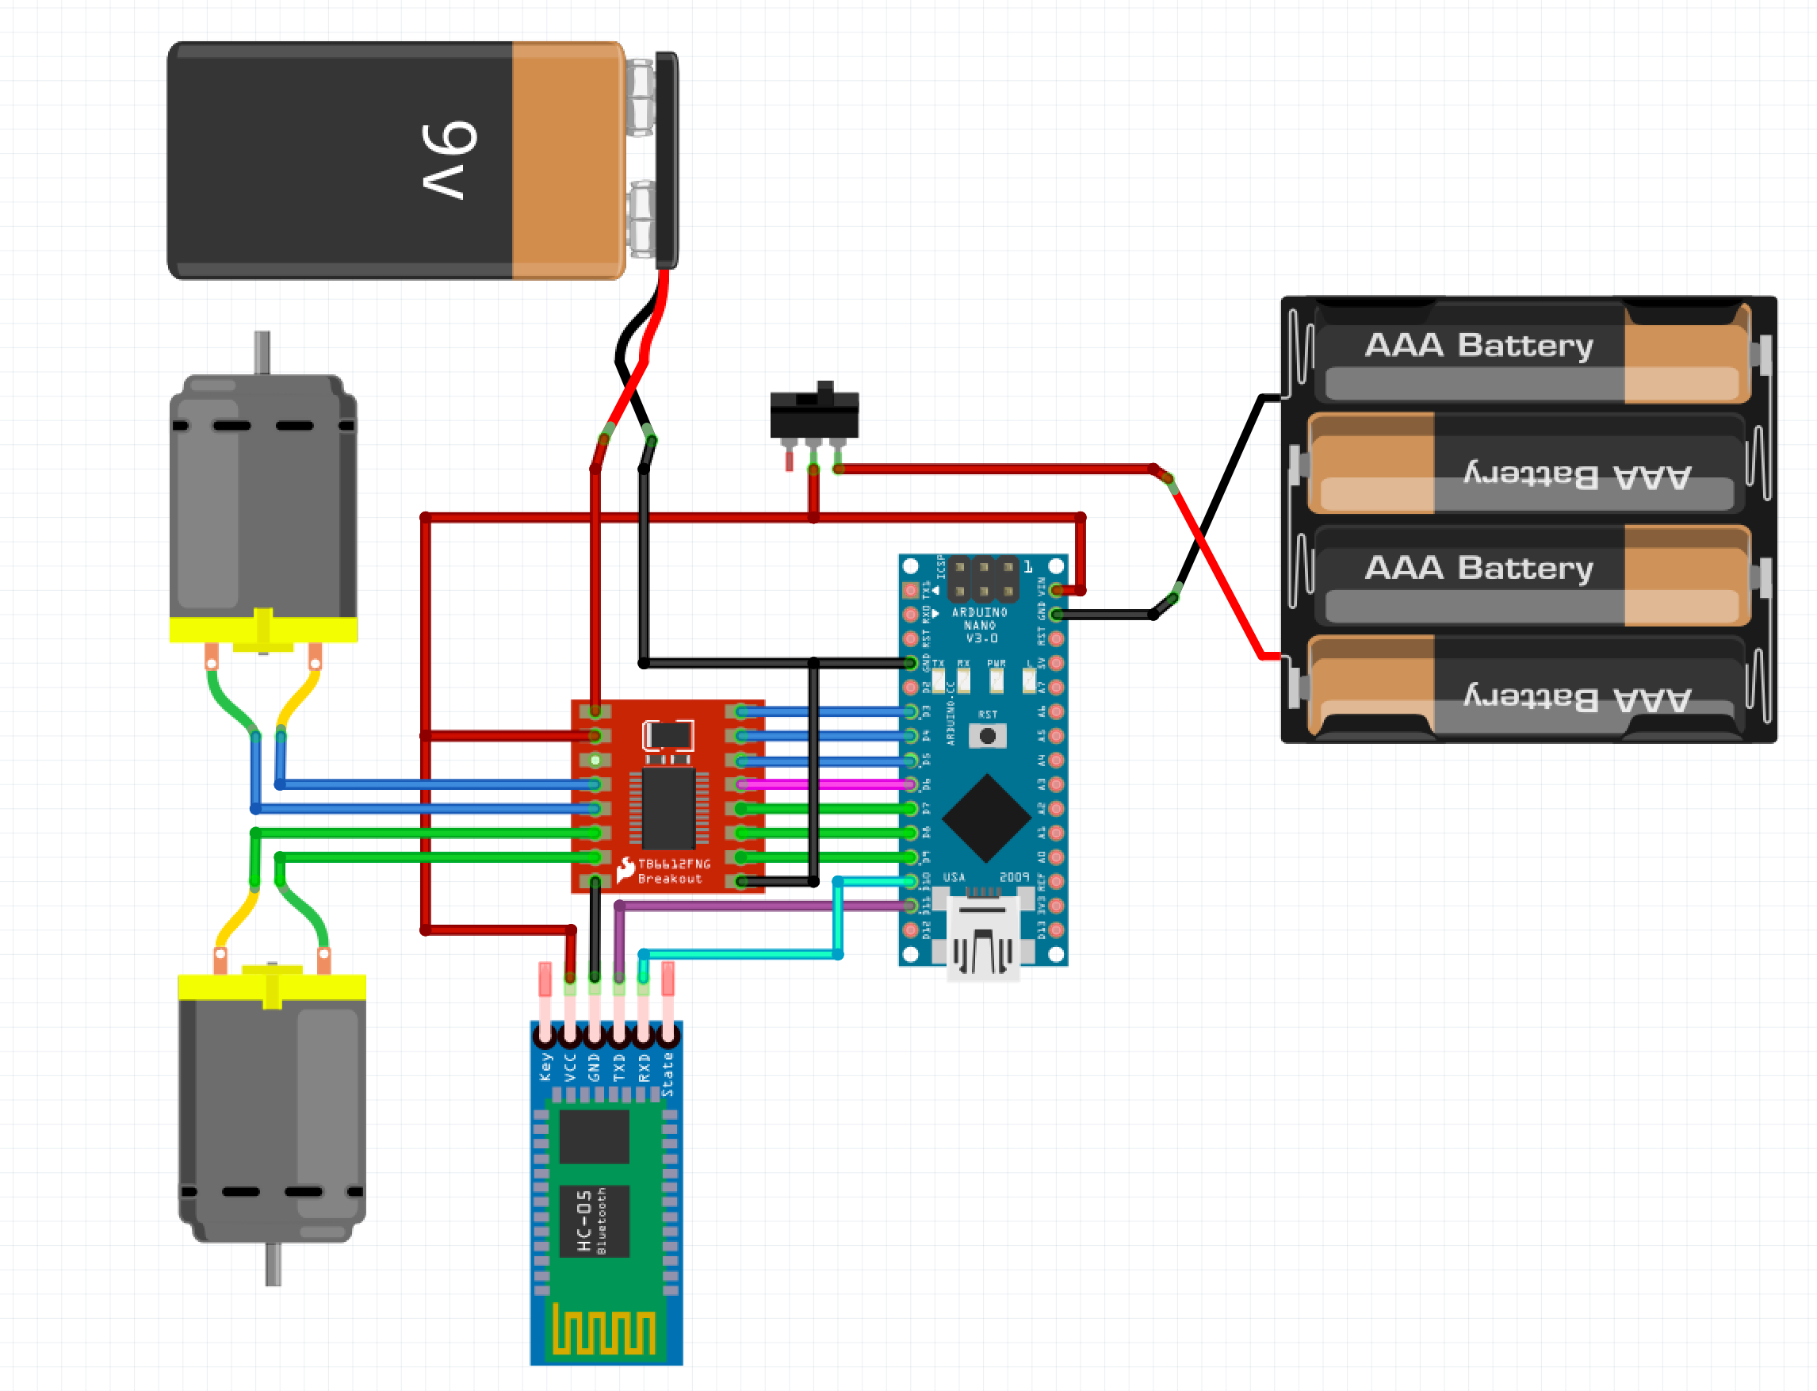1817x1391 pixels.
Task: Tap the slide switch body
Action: point(813,414)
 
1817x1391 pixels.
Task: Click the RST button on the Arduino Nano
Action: point(987,735)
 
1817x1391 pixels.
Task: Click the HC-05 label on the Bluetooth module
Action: point(584,1220)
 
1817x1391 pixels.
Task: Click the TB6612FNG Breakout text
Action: point(672,870)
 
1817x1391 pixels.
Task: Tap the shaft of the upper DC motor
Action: point(262,353)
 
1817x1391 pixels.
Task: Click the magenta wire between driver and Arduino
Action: point(828,784)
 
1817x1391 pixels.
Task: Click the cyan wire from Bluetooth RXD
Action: point(745,954)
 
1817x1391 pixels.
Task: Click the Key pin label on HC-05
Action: point(545,1067)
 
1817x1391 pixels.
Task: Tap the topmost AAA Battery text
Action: point(1478,344)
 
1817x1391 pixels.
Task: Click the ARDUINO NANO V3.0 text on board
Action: point(980,625)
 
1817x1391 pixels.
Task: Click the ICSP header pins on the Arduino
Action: point(982,579)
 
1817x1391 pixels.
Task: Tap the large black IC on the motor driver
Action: point(669,808)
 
